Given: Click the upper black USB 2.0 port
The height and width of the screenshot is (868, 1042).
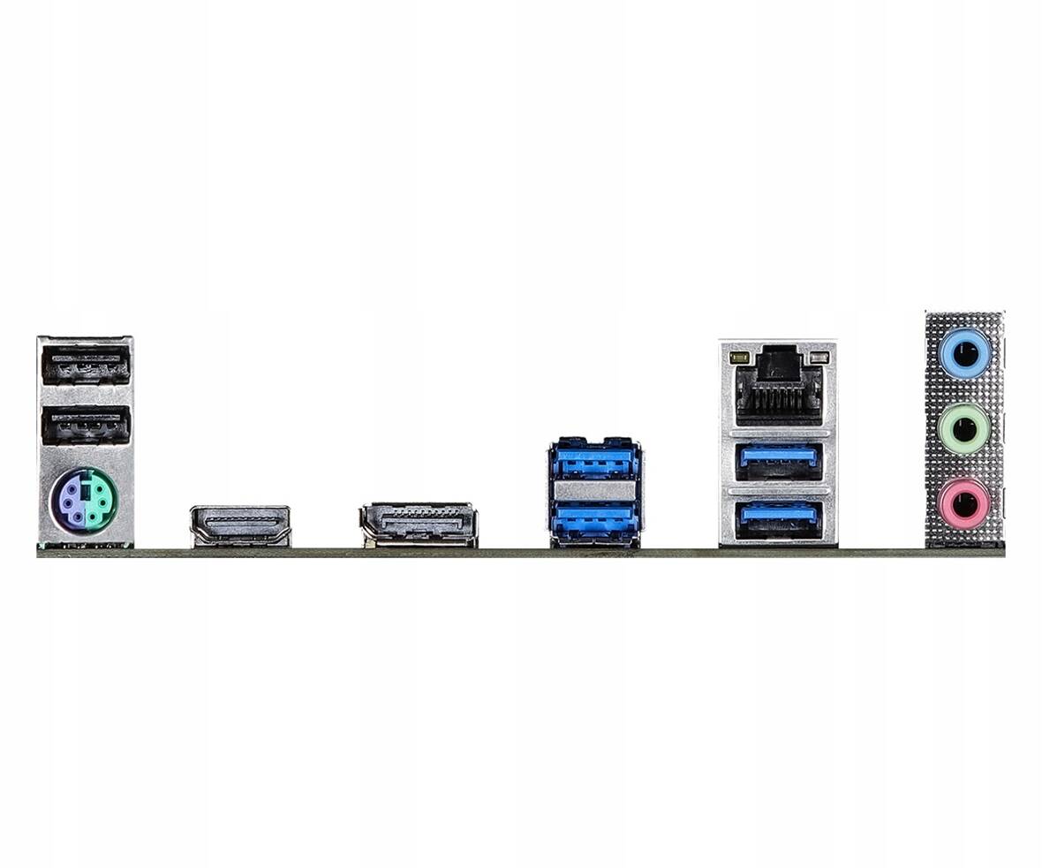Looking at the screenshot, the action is pyautogui.click(x=86, y=364).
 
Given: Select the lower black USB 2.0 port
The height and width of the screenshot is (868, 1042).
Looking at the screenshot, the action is pyautogui.click(x=86, y=425).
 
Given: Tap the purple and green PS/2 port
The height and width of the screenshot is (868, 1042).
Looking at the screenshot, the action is pyautogui.click(x=83, y=500).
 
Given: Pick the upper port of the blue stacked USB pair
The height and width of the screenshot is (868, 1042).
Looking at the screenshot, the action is pyautogui.click(x=595, y=461).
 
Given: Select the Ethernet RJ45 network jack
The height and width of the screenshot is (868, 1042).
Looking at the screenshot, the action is pyautogui.click(x=778, y=386).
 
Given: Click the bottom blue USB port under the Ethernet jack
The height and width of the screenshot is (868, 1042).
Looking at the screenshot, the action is pyautogui.click(x=778, y=518).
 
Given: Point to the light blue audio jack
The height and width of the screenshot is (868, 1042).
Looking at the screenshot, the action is pyautogui.click(x=964, y=353).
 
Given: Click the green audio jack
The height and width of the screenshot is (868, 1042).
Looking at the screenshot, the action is pyautogui.click(x=964, y=429).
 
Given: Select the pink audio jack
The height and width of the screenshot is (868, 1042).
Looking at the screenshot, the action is pyautogui.click(x=964, y=504).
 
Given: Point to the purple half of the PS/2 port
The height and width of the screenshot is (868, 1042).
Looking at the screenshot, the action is pyautogui.click(x=70, y=500).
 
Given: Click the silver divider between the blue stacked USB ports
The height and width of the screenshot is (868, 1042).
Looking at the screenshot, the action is pyautogui.click(x=595, y=490).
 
